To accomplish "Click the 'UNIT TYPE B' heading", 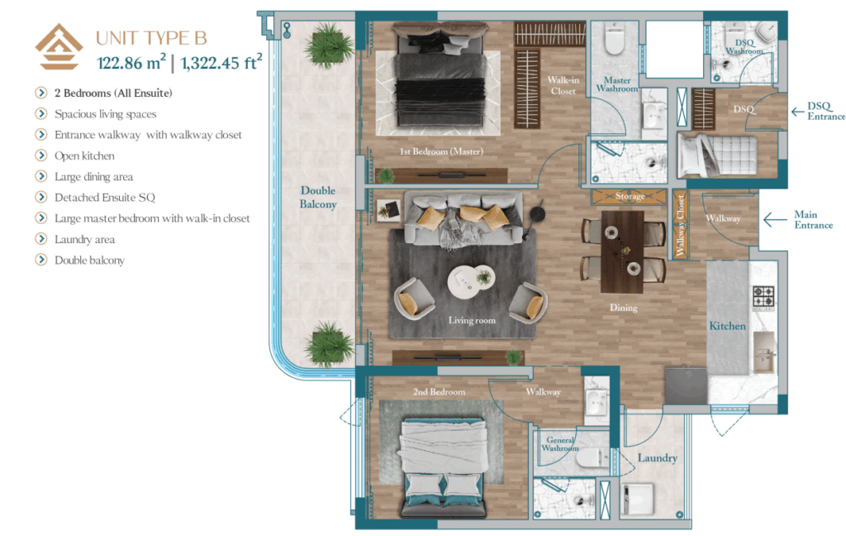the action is pyautogui.click(x=151, y=38).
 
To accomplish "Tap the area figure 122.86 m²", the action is pyautogui.click(x=131, y=62).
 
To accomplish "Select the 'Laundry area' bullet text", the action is pyautogui.click(x=85, y=239).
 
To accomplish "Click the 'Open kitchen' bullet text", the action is pyautogui.click(x=84, y=156).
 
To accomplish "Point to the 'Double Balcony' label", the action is pyautogui.click(x=318, y=197).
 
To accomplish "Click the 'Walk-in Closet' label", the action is pyautogui.click(x=563, y=85).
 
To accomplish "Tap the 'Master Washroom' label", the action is pyautogui.click(x=617, y=84).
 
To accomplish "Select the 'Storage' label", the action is pyautogui.click(x=630, y=196).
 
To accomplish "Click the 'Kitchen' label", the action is pyautogui.click(x=727, y=326).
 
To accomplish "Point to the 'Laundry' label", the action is pyautogui.click(x=657, y=458).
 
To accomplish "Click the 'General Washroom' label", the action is pyautogui.click(x=560, y=444).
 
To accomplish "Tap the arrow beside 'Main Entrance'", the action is pyautogui.click(x=775, y=219).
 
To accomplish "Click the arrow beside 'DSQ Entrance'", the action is pyautogui.click(x=797, y=112).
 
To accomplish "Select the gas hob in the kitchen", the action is pyautogui.click(x=763, y=298).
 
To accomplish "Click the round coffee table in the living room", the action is pyautogui.click(x=471, y=282).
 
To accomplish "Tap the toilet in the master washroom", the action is pyautogui.click(x=615, y=39).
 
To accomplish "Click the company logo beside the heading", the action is pyautogui.click(x=59, y=46).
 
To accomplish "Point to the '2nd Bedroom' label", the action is pyautogui.click(x=440, y=392).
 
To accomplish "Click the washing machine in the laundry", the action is pyautogui.click(x=639, y=500).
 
